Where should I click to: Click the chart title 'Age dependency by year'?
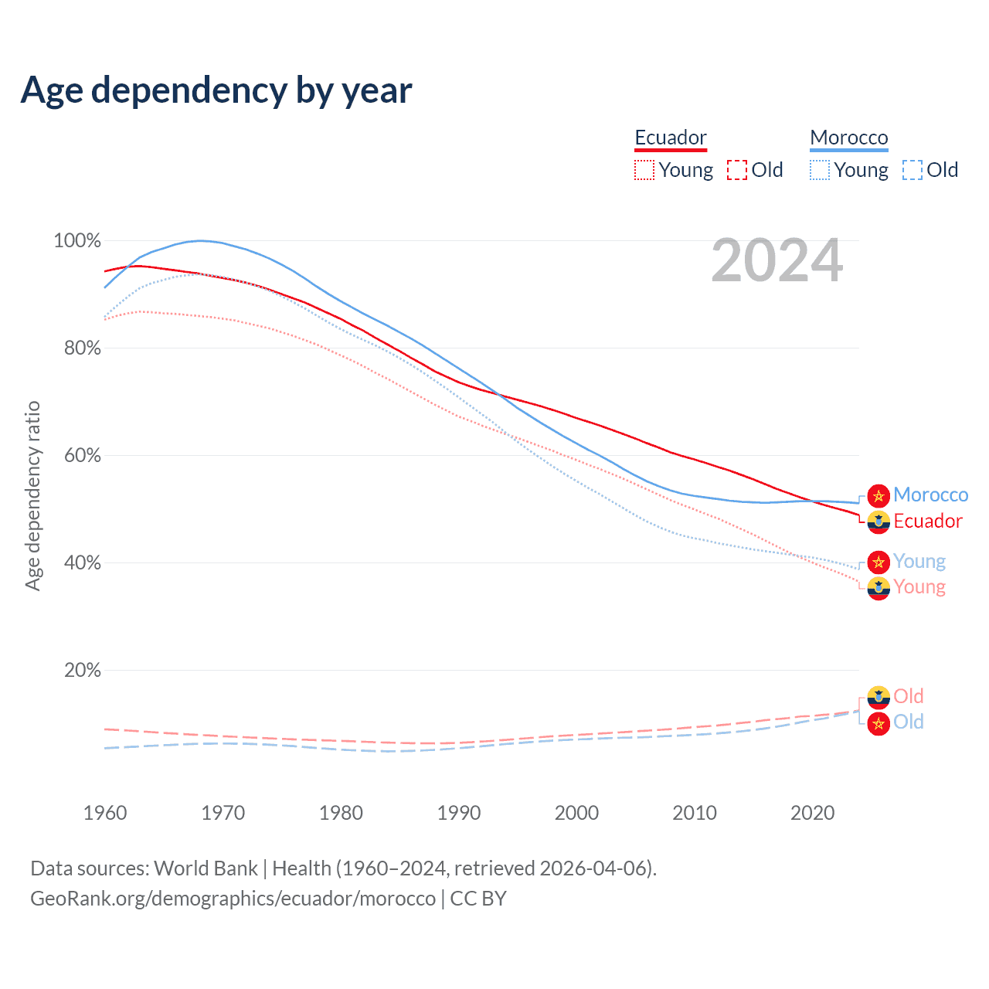(x=216, y=90)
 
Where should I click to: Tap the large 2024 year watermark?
(x=777, y=261)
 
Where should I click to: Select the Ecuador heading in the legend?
(x=671, y=138)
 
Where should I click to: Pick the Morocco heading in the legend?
(x=849, y=138)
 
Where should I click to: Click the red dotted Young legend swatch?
(x=644, y=170)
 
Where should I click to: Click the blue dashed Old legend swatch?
(x=913, y=170)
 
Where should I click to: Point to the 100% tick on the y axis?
(x=77, y=241)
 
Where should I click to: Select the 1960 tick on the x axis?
(x=105, y=813)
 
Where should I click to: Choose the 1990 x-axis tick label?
(x=459, y=813)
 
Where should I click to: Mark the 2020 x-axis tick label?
(x=812, y=813)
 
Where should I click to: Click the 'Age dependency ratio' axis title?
(x=32, y=495)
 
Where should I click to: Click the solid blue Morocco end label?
(x=930, y=495)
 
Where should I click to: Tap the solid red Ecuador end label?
(x=928, y=522)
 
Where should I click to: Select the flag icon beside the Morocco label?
(x=879, y=496)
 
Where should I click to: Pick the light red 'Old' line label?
(x=909, y=696)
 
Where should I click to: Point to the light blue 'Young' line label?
(x=919, y=562)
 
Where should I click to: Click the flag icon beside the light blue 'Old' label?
(x=879, y=724)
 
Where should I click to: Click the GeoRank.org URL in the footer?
(x=233, y=899)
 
